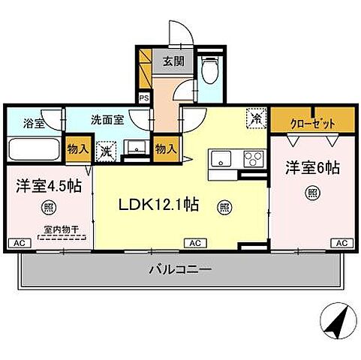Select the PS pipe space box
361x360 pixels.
143,97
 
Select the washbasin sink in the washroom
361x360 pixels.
135,148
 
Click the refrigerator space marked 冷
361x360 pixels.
255,118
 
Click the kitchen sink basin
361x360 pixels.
221,159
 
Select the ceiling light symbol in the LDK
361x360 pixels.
223,207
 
